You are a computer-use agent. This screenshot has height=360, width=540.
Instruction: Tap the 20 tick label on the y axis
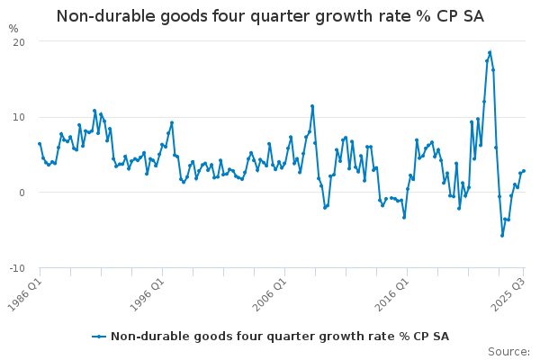19,42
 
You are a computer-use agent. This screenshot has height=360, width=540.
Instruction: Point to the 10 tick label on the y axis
19,117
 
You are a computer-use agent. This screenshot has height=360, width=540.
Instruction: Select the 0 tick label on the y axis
22,193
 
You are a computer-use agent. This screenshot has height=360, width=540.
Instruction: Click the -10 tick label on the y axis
17,268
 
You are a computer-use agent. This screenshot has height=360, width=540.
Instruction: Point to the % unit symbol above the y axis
13,29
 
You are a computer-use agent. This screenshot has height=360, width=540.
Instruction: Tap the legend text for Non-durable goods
279,337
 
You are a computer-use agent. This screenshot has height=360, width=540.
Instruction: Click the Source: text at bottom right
508,352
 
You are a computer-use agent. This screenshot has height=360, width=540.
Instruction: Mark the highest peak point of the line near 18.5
490,52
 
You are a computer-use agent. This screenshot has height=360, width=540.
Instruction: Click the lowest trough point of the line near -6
502,236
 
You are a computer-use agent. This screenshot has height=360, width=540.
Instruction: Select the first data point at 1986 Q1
40,143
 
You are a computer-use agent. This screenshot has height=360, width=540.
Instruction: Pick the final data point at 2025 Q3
524,171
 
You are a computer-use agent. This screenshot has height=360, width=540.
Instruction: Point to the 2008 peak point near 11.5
312,106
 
